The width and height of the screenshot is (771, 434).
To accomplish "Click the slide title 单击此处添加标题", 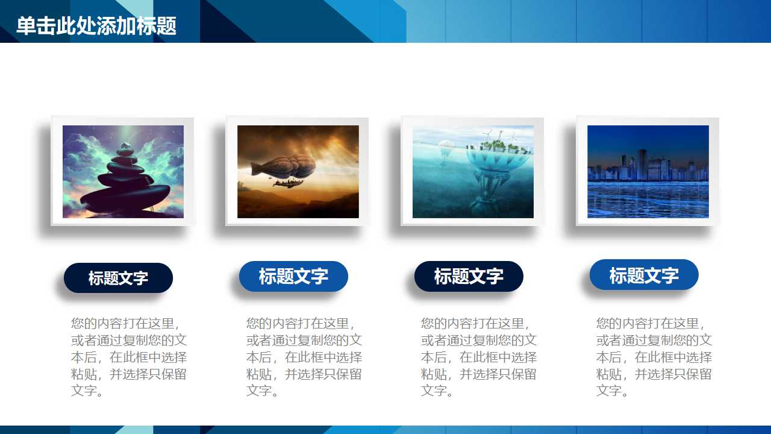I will [x=96, y=27].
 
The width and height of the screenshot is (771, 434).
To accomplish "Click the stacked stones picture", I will [x=123, y=171].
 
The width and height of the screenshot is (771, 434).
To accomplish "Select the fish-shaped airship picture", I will [x=298, y=171].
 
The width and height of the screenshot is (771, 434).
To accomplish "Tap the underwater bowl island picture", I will [x=473, y=171].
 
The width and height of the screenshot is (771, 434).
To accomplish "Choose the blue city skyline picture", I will [x=648, y=171].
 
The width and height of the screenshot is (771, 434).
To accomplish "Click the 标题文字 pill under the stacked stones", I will [x=118, y=278].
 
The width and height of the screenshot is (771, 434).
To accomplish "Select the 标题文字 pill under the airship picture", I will [x=293, y=276].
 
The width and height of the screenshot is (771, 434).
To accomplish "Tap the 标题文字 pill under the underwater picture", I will [x=469, y=276].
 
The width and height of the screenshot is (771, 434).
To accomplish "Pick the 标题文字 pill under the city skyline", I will [x=644, y=275].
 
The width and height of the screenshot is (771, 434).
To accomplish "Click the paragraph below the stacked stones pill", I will [x=129, y=357].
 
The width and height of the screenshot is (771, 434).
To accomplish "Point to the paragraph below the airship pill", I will [x=304, y=357].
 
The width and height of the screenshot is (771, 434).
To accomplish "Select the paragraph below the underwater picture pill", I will [x=479, y=357].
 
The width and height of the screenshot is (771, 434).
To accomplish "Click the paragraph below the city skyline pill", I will [x=654, y=357].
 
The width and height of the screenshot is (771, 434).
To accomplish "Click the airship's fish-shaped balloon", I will [x=289, y=166].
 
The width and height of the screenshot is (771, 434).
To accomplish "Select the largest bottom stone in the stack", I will [x=123, y=197].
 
